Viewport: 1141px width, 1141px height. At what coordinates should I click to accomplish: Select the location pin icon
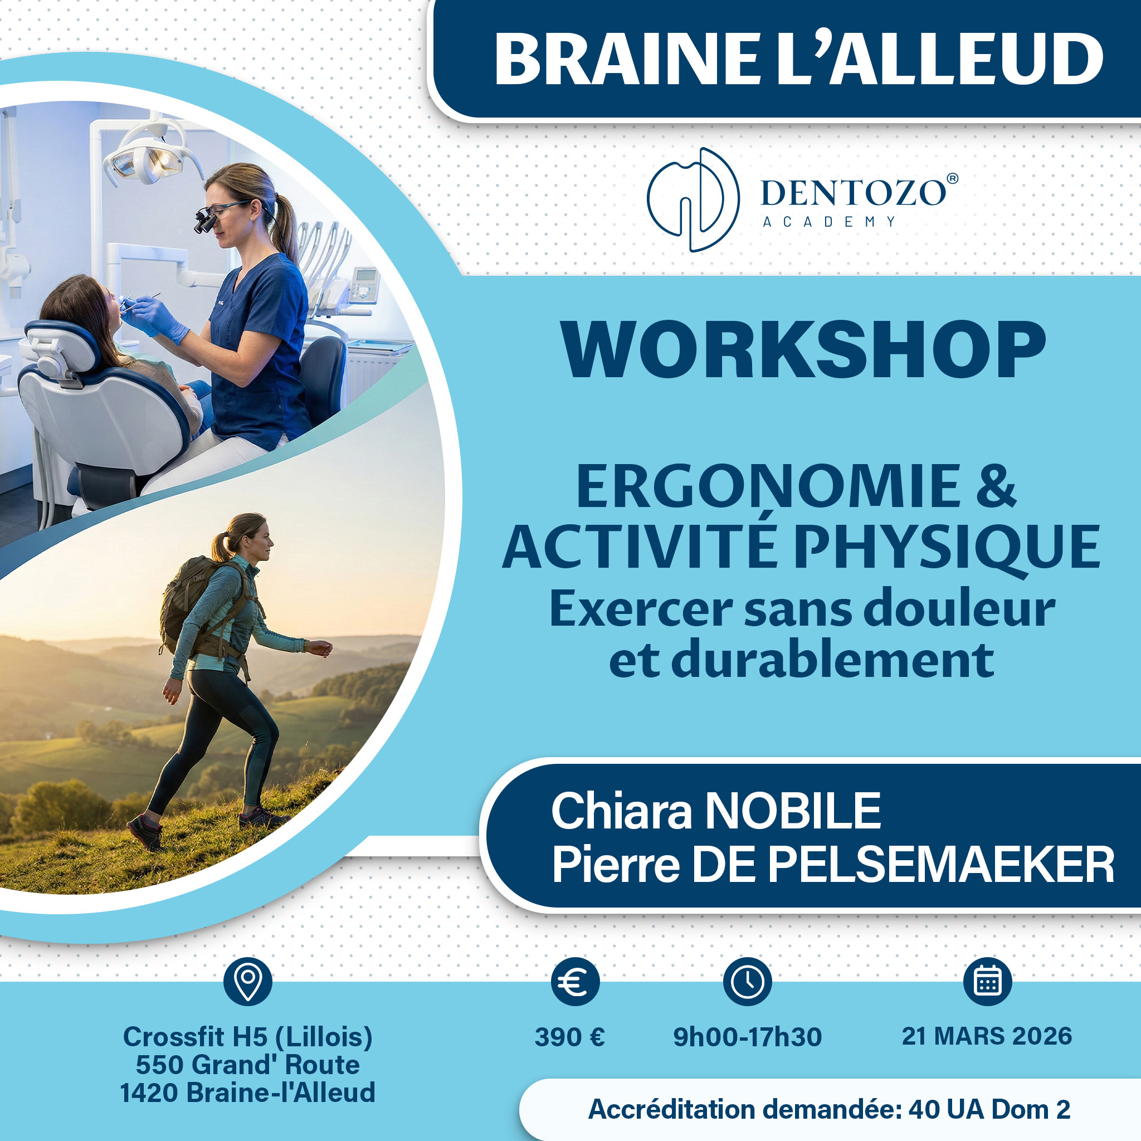tap(248, 982)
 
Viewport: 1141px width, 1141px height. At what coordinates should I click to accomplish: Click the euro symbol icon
tap(575, 982)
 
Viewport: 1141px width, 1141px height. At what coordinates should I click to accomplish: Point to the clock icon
tap(747, 982)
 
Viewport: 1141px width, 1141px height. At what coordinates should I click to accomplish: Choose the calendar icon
tap(987, 982)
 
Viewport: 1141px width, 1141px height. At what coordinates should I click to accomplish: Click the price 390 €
tap(570, 1037)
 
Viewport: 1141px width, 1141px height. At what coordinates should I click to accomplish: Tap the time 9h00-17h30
tap(747, 1037)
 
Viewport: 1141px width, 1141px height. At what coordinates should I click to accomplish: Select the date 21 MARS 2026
tap(987, 1036)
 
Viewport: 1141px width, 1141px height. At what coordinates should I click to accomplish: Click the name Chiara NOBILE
tap(716, 811)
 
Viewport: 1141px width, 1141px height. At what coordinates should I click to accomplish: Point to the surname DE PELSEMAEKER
tap(903, 865)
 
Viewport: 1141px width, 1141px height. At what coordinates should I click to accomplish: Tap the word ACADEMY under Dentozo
tap(829, 222)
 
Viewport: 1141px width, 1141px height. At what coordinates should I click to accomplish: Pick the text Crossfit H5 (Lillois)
tap(248, 1037)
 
